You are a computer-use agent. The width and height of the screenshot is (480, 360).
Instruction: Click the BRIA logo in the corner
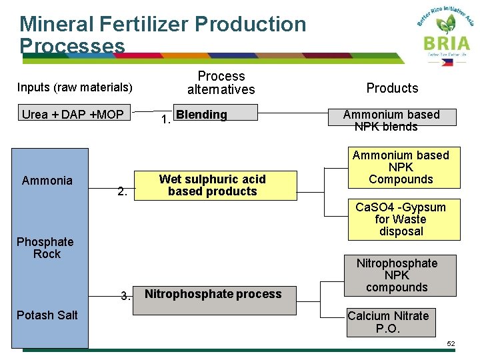point(445,33)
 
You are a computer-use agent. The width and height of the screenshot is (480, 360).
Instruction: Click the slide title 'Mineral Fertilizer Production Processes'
point(163,35)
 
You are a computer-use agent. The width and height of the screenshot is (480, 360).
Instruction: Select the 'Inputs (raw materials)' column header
point(75,87)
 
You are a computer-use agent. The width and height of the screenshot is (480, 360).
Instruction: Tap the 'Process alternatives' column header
point(221,83)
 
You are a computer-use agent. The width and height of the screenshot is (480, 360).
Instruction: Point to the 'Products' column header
point(392,88)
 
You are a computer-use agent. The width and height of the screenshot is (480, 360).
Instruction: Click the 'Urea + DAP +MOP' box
point(73,115)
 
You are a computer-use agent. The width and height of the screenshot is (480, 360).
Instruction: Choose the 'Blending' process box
point(215,114)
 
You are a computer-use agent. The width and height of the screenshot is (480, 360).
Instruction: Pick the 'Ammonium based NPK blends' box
point(391,121)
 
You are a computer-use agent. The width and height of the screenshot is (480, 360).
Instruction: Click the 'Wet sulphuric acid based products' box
point(212,185)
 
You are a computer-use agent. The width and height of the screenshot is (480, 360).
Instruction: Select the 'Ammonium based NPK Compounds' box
point(401,167)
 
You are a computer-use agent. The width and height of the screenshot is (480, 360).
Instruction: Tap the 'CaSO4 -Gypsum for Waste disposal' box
point(401,219)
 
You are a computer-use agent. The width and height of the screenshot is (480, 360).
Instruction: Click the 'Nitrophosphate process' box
point(213,294)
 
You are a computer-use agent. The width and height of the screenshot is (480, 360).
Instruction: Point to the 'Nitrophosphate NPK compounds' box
point(397,275)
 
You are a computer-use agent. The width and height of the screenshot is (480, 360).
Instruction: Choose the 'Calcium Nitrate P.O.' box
point(388,322)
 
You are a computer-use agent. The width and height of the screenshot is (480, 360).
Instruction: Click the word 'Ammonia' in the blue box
point(47,181)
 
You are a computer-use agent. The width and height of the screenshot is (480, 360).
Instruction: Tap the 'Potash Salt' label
point(47,315)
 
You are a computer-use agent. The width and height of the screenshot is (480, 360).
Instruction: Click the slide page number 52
point(451,343)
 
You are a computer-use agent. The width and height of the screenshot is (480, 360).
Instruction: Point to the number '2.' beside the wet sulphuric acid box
point(122,192)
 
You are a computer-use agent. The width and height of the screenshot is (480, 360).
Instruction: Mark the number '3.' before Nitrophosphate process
point(125,296)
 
